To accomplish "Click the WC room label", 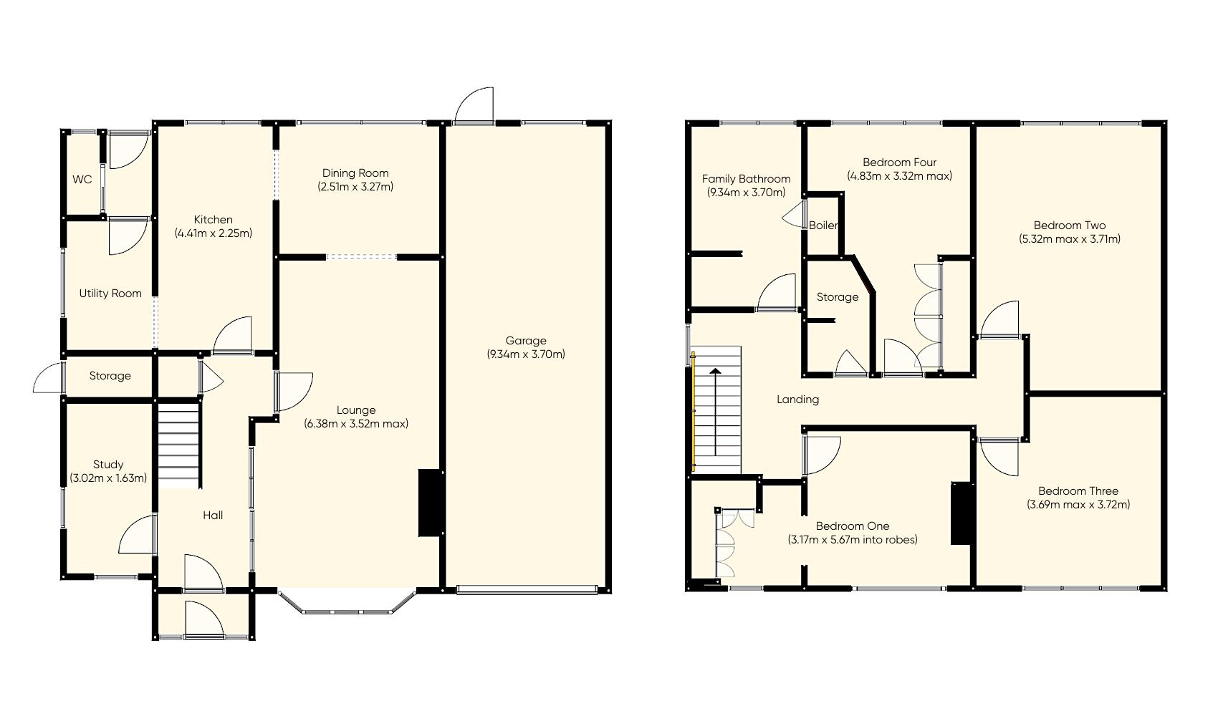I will coord(82,180).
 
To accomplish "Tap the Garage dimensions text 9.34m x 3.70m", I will coord(526,354).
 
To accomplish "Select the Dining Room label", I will coord(355,173).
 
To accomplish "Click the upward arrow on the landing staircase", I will coord(715,412).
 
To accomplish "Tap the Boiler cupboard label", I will coord(823,226).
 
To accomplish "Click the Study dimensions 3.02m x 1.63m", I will coord(108,478).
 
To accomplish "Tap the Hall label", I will coord(213,516).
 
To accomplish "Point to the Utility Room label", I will coord(110,294).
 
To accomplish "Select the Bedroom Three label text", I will coord(1078,491).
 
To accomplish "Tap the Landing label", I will coord(797,400).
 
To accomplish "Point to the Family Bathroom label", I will coord(746,179).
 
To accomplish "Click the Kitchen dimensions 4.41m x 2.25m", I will coord(214,233).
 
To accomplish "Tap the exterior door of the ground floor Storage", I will coord(49,378).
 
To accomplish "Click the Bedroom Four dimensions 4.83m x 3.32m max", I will coord(899,176).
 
